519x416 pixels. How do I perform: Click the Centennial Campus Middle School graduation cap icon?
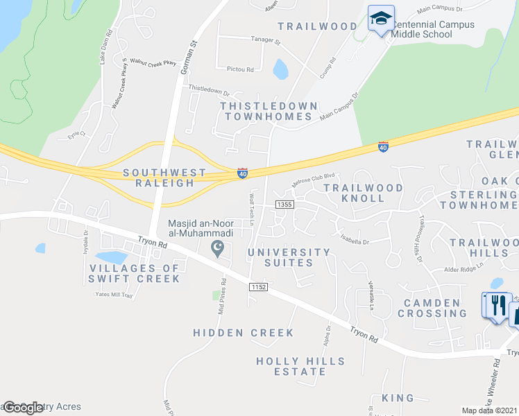point(381,19)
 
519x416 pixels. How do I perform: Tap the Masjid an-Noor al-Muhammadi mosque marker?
point(217,248)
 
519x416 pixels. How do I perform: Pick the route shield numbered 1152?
point(259,286)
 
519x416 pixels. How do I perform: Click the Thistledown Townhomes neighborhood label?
point(269,111)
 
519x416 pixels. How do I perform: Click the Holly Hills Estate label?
point(300,366)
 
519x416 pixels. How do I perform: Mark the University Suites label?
point(289,257)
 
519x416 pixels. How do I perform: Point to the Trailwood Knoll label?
point(363,193)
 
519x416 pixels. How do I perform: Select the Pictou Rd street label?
point(240,69)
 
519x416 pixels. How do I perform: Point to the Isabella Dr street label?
point(355,242)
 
